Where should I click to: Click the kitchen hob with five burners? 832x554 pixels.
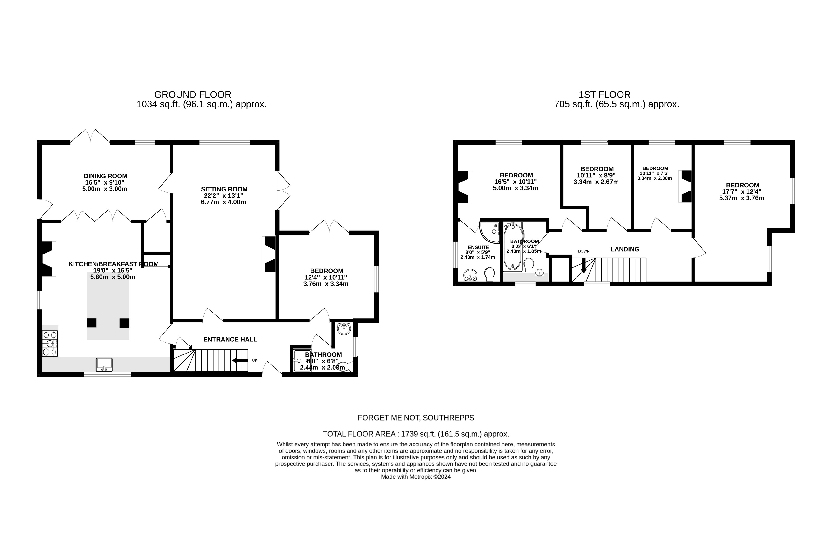point(50,343)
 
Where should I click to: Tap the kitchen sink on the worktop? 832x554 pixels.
point(104,365)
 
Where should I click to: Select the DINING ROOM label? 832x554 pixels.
point(105,176)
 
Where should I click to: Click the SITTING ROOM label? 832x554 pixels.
point(224,189)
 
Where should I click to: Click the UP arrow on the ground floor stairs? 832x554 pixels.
point(240,360)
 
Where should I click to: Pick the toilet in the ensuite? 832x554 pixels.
point(490,274)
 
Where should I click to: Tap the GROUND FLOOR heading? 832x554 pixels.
point(193,95)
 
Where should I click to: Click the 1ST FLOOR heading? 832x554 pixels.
point(604,95)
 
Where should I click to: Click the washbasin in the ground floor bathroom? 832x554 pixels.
point(344,329)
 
